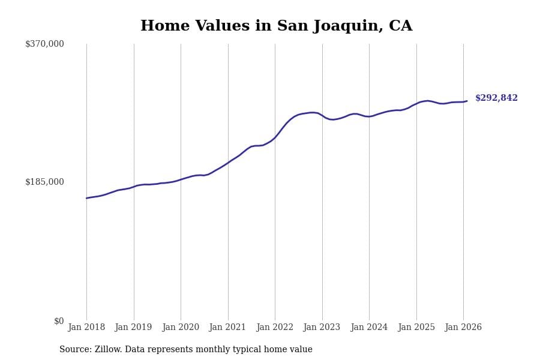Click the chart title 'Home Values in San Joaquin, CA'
pos(276,26)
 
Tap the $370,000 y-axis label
pos(44,44)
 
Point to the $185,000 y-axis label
pos(44,182)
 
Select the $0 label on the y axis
pos(59,321)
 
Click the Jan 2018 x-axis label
pos(86,328)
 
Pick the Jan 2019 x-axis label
pos(134,328)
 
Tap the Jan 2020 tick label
pos(181,328)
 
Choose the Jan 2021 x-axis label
pos(228,328)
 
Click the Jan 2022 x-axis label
pos(275,328)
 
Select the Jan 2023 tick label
pos(322,328)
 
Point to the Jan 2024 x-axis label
pos(369,328)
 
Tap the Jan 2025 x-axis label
pos(416,328)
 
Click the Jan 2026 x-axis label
pos(463,328)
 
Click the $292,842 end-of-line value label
pos(496,98)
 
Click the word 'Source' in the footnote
pos(75,350)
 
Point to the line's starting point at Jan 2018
pos(86,198)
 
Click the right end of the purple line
pos(467,101)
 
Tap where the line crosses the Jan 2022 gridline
pos(275,137)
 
